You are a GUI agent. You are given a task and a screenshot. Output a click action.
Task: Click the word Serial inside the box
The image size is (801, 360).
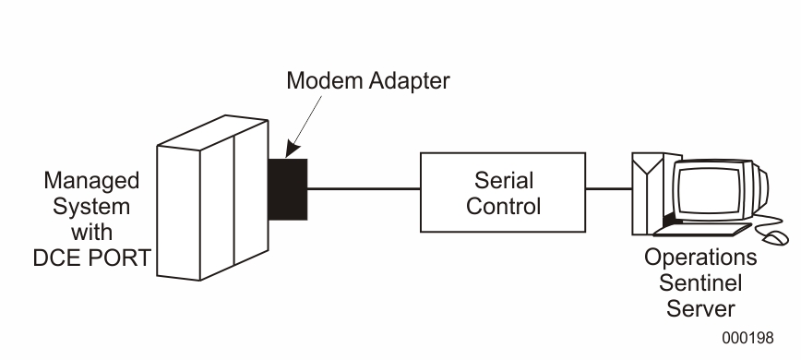(x=503, y=180)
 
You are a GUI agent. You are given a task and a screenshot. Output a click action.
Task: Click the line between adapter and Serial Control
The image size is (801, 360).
(x=364, y=191)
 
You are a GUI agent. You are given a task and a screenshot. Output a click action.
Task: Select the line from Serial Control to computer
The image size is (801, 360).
(x=608, y=191)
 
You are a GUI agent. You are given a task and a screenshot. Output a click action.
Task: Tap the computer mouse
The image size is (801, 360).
(x=771, y=237)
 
